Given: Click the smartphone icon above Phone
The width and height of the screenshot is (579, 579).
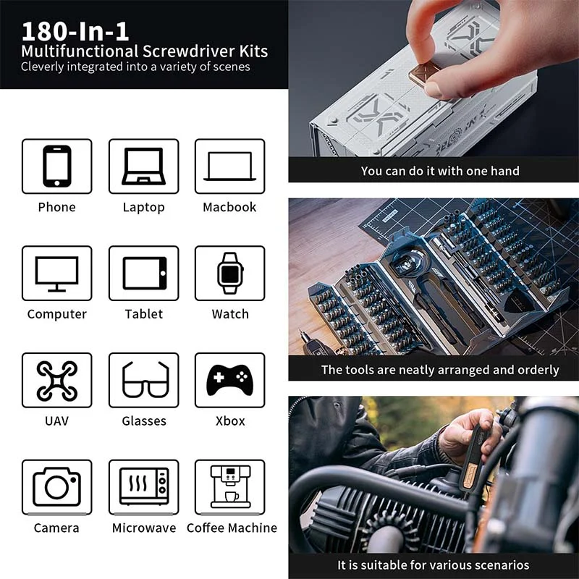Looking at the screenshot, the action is pyautogui.click(x=57, y=166).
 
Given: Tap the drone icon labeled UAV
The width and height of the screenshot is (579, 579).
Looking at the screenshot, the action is pyautogui.click(x=57, y=381).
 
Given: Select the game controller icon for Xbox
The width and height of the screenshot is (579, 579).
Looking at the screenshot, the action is pyautogui.click(x=229, y=380).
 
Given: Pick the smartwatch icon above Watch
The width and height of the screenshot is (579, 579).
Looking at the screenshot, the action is pyautogui.click(x=230, y=274).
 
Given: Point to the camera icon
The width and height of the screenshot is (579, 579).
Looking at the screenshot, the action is pyautogui.click(x=57, y=486).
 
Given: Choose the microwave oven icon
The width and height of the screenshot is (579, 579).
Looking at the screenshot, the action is pyautogui.click(x=144, y=486).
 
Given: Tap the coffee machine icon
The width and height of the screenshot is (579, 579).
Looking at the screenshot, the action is pyautogui.click(x=230, y=486).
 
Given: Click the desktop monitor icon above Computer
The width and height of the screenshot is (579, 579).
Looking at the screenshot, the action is pyautogui.click(x=57, y=274).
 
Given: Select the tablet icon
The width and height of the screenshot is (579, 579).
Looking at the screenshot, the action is pyautogui.click(x=144, y=274).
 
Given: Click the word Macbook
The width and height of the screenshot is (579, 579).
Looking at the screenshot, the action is pyautogui.click(x=229, y=207).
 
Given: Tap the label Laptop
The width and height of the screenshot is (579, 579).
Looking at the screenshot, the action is pyautogui.click(x=143, y=208).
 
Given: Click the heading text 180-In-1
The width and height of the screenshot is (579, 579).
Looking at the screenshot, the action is pyautogui.click(x=75, y=31).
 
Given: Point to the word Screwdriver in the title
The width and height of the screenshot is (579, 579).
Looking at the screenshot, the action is pyautogui.click(x=189, y=51).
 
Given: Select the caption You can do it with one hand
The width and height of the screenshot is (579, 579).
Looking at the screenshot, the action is pyautogui.click(x=440, y=171).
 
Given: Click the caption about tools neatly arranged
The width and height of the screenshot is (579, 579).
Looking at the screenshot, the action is pyautogui.click(x=440, y=370).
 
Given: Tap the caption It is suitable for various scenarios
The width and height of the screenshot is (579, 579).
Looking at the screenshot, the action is pyautogui.click(x=433, y=565).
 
